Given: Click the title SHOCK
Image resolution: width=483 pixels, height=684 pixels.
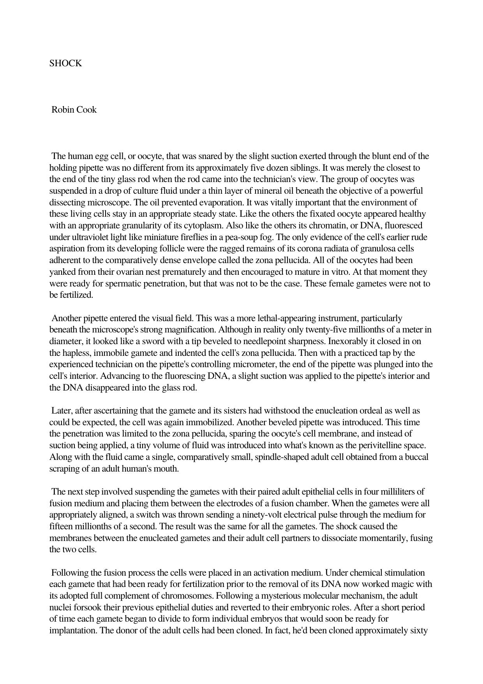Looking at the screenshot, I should (x=65, y=64).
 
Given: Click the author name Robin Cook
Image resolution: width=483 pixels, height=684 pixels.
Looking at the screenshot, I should (x=74, y=110).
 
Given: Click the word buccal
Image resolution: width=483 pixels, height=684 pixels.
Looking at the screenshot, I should (x=416, y=457).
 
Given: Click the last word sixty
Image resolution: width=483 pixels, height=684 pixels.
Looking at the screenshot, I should (x=419, y=631).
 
